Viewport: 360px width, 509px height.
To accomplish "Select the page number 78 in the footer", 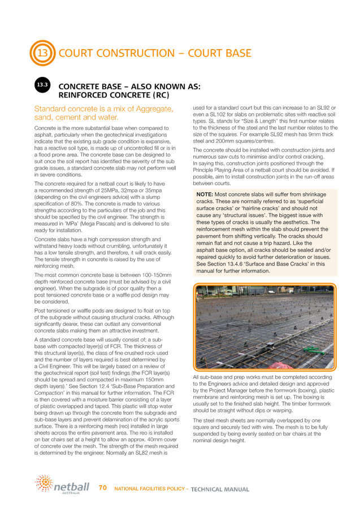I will [103, 486].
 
